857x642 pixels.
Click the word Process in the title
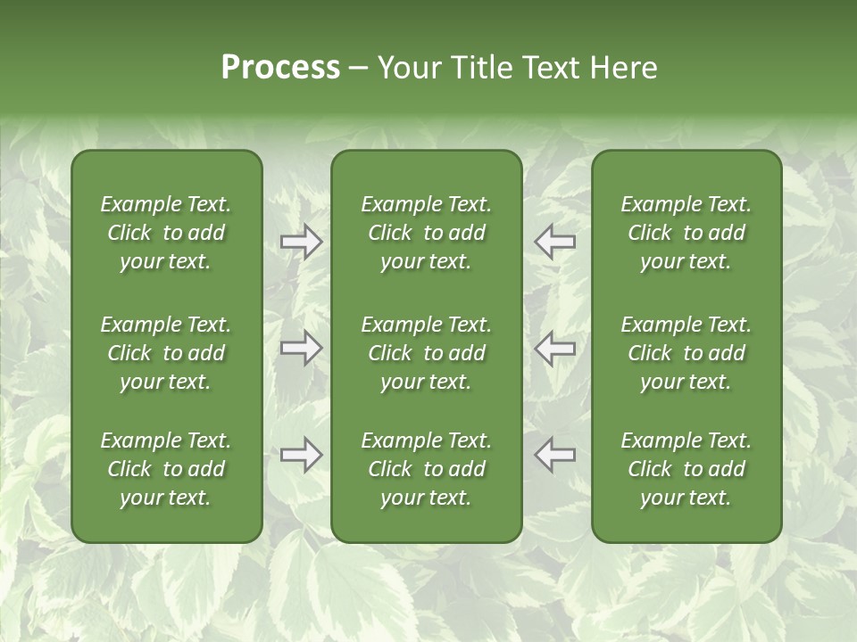click(x=280, y=68)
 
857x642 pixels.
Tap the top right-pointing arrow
click(x=302, y=242)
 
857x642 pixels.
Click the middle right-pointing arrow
click(x=302, y=348)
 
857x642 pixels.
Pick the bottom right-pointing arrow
click(x=302, y=455)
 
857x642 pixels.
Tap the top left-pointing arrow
click(x=554, y=242)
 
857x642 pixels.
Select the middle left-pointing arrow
click(x=554, y=348)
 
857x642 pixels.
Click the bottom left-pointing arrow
click(x=554, y=455)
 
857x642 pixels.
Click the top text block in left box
click(x=166, y=233)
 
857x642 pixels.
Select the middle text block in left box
click(x=166, y=353)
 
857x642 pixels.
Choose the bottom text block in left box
click(x=166, y=469)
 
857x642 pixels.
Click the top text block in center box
click(x=426, y=233)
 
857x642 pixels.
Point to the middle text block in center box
click(x=426, y=353)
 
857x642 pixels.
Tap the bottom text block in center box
click(x=426, y=469)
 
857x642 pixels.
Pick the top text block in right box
click(x=686, y=233)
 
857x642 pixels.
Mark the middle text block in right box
click(x=686, y=353)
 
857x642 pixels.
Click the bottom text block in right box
click(x=686, y=469)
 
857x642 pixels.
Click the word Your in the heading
click(x=409, y=68)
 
